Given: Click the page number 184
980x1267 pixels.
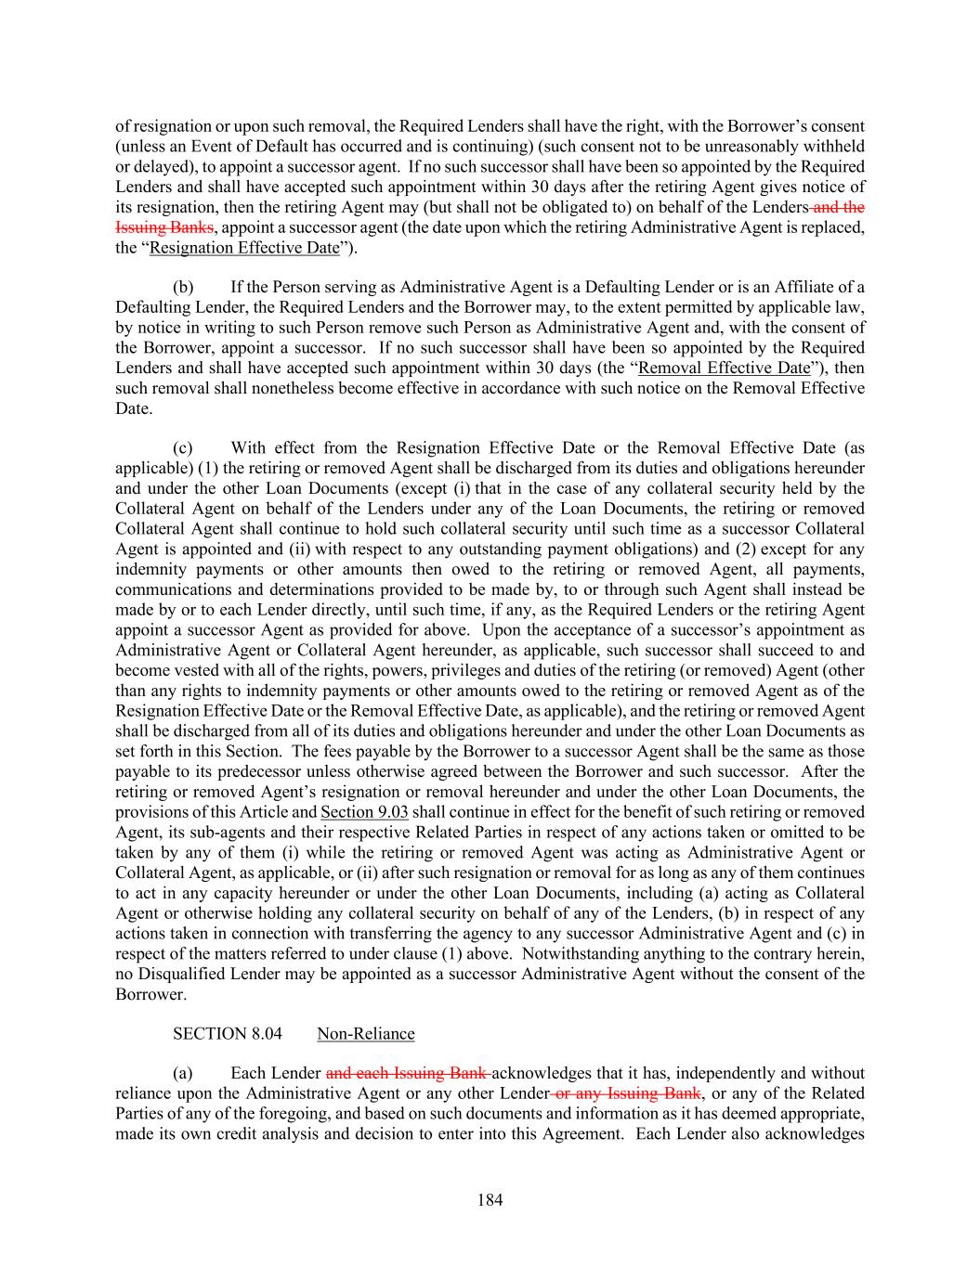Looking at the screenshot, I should pyautogui.click(x=490, y=1200).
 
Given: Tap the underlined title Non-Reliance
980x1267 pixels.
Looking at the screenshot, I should pyautogui.click(x=366, y=1034).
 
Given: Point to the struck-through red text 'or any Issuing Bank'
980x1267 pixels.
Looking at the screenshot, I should pyautogui.click(x=625, y=1093).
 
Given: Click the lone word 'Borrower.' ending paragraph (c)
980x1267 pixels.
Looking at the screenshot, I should pyautogui.click(x=150, y=994).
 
